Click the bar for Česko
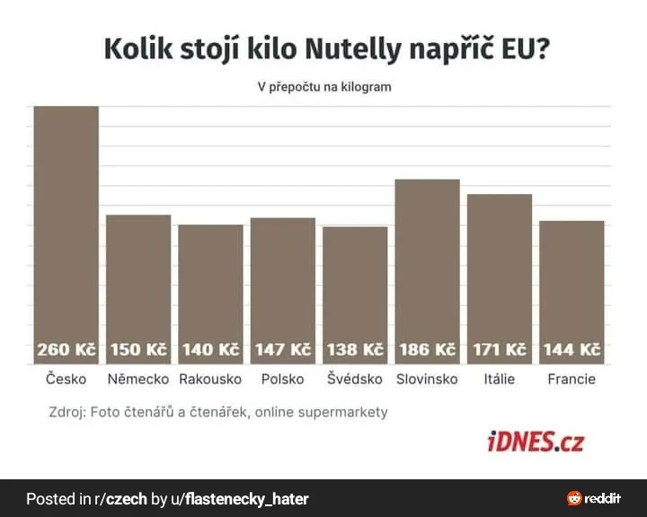coord(66,224)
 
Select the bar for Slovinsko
coord(427,260)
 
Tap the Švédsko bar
coord(355,283)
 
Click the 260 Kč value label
coord(66,349)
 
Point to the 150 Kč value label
coord(138,349)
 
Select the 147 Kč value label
coord(282,349)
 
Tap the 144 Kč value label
coord(572,349)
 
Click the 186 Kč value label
coord(427,349)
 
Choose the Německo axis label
coord(138,379)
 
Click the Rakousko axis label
coord(210,379)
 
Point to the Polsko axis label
coord(282,379)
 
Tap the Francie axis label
coord(572,379)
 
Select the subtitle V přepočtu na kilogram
coord(324,87)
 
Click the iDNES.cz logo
coord(536,442)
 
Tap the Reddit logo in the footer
coord(594,498)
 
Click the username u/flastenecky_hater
coord(245,498)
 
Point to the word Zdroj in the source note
coord(66,412)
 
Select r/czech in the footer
coord(120,498)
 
